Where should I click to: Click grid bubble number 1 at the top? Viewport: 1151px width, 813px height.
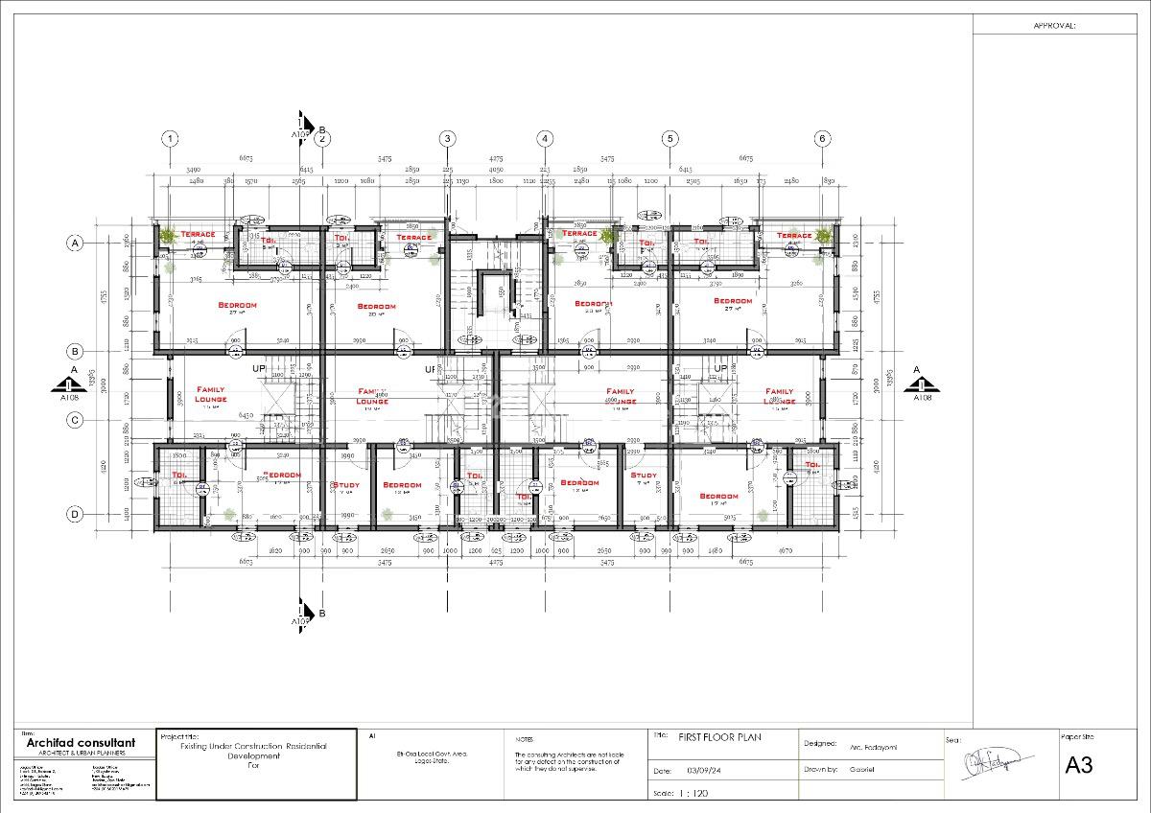tap(170, 138)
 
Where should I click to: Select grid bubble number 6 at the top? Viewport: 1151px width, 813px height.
tap(822, 138)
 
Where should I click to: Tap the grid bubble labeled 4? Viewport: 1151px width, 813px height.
tap(545, 138)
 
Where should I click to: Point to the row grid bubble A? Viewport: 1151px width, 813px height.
tap(75, 244)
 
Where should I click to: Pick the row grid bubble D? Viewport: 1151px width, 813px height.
tap(75, 514)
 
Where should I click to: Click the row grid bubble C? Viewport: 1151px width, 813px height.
tap(75, 420)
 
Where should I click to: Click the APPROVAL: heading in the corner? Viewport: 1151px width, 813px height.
tap(1054, 27)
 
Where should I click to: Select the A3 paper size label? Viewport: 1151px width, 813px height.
tap(1079, 765)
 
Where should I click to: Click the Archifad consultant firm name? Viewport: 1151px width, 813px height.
tap(81, 743)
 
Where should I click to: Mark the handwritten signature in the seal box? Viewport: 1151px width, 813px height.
tap(998, 765)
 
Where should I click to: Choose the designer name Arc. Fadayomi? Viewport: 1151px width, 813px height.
tap(875, 747)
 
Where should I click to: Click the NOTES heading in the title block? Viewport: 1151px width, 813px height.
tap(524, 740)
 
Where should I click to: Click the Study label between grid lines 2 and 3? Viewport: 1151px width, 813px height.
tap(345, 485)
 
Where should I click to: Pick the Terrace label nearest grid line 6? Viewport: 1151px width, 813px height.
tap(794, 236)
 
